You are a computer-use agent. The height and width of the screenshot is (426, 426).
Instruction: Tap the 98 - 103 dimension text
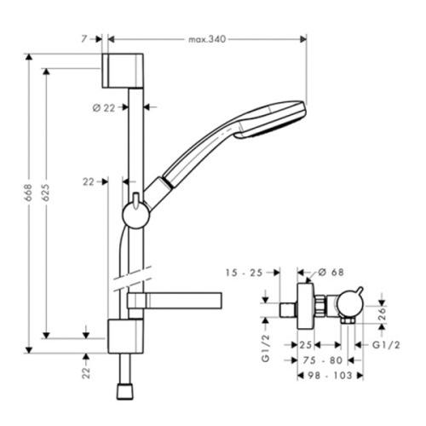coord(331,374)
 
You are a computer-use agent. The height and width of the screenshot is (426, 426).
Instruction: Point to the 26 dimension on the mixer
coord(382,314)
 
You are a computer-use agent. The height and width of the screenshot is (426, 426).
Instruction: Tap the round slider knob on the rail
coord(134,213)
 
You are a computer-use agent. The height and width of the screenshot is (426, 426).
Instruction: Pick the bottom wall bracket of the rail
coord(125,334)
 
